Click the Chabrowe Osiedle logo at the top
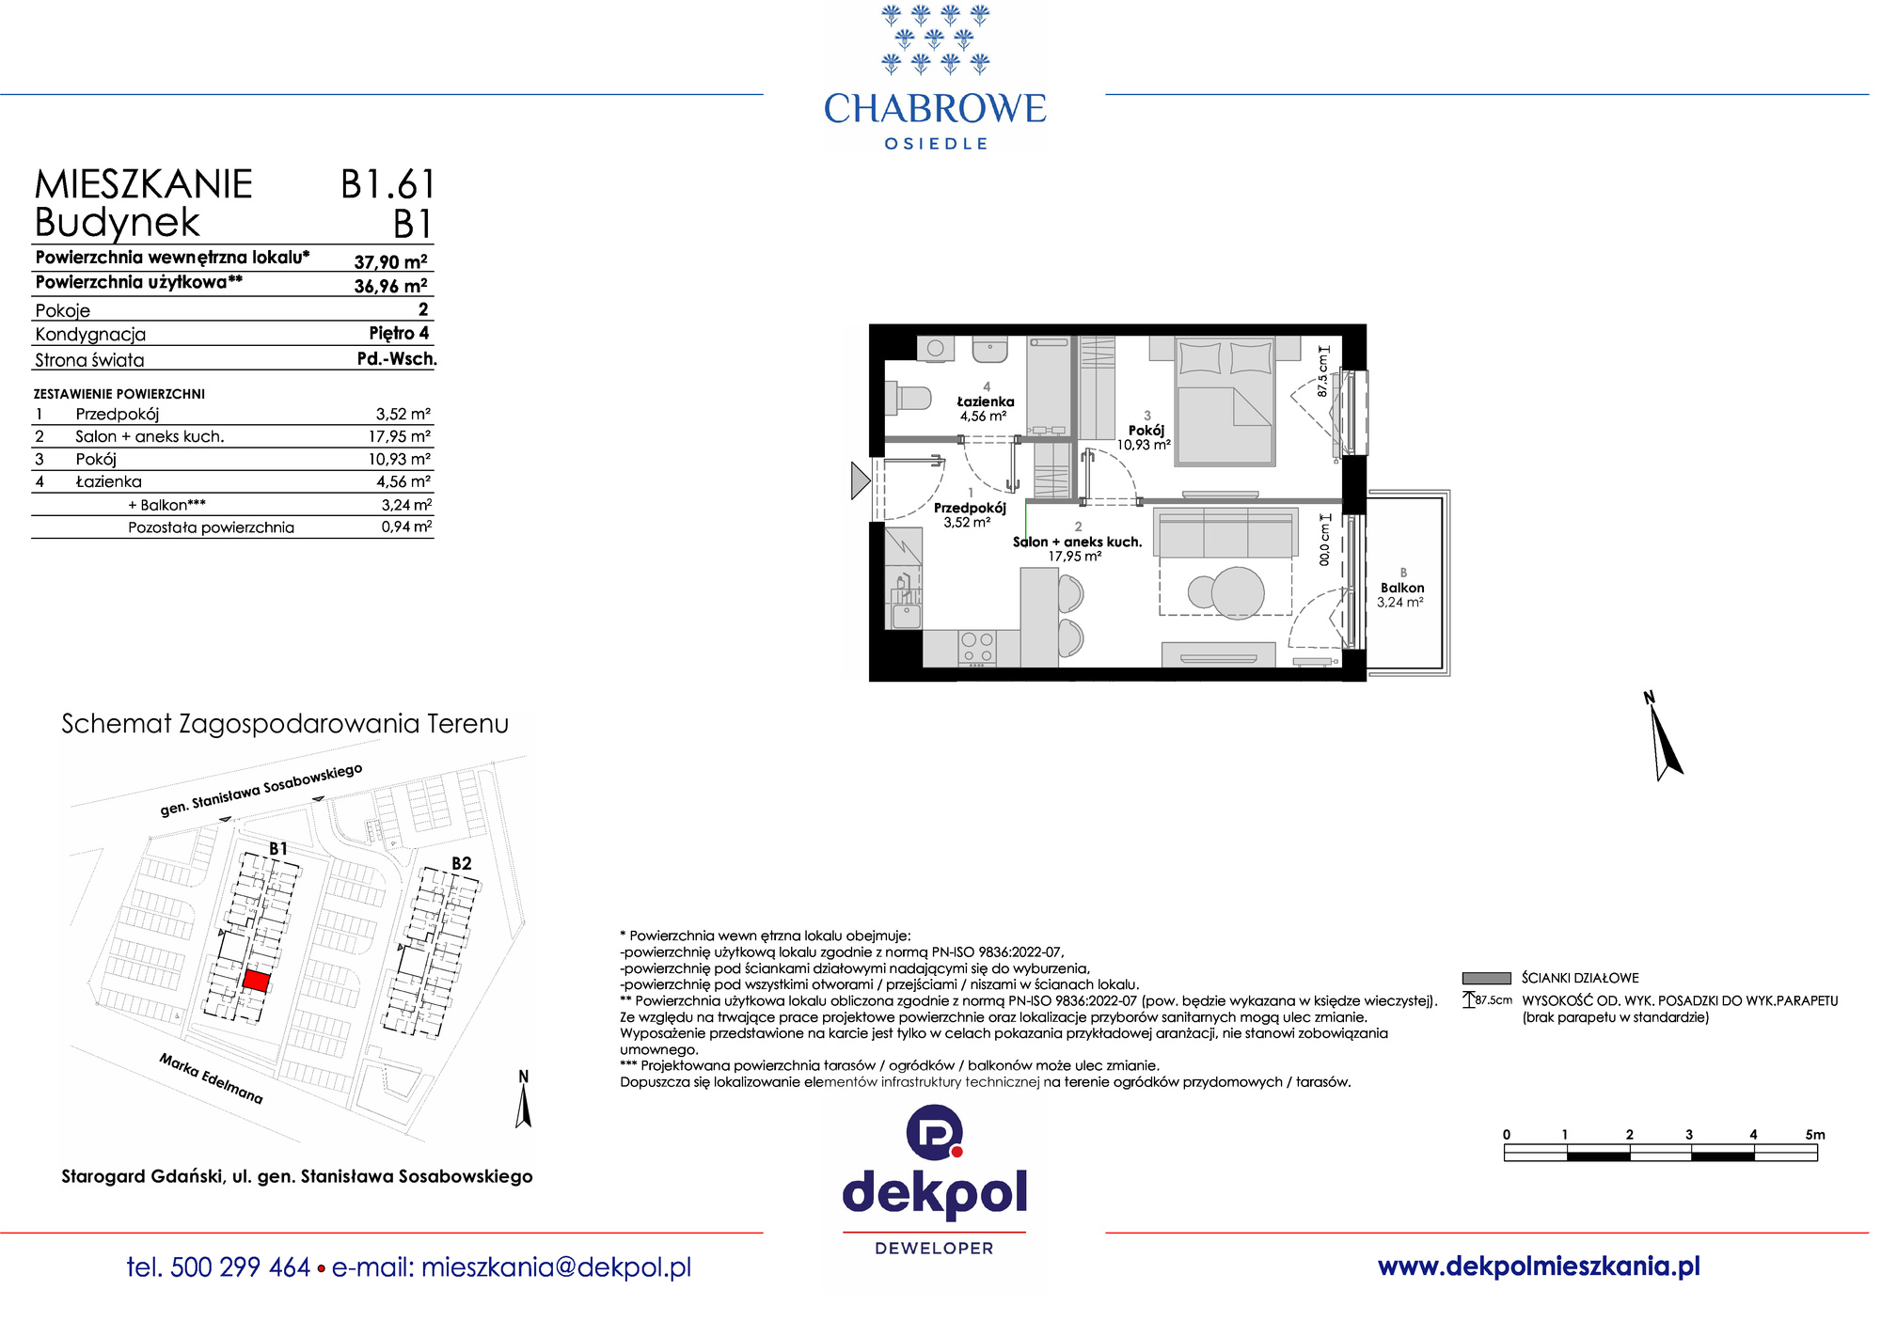click(935, 77)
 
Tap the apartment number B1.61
click(387, 184)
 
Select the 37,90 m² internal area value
click(390, 261)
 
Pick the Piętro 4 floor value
click(399, 333)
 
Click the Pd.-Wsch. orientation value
click(397, 358)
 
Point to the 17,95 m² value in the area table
click(400, 436)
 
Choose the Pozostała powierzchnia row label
click(211, 527)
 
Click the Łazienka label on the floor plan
click(985, 401)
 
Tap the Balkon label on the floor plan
click(1402, 588)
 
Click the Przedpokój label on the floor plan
click(970, 508)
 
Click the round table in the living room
click(1237, 592)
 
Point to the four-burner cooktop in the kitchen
click(976, 648)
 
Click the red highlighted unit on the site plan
click(257, 981)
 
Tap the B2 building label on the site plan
click(461, 863)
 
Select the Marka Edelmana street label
click(211, 1077)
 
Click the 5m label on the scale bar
click(1815, 1135)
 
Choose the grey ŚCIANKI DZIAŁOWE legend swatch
click(1486, 978)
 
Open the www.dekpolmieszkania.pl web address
click(1539, 1266)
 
